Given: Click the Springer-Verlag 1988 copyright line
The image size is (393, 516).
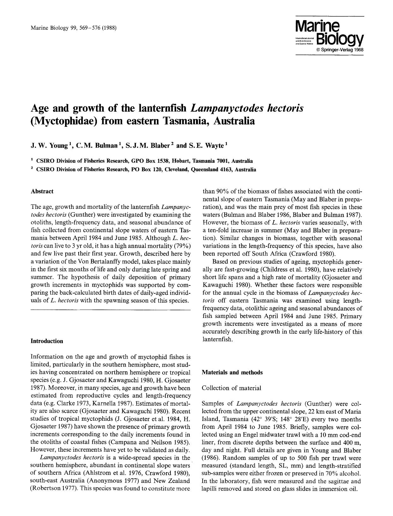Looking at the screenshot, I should [x=340, y=50].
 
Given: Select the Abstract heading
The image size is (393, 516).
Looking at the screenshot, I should [x=42, y=191].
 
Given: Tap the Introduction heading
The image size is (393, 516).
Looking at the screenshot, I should [x=47, y=341].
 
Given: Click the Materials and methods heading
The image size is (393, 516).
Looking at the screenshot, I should [x=232, y=372].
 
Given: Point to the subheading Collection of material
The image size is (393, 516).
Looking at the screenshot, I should [x=231, y=388].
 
